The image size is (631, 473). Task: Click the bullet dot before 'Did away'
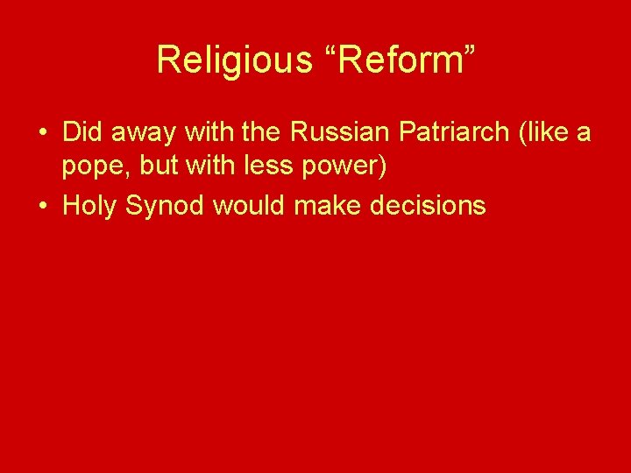coord(42,133)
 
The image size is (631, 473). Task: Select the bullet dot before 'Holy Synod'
coord(42,206)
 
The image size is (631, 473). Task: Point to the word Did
coord(82,132)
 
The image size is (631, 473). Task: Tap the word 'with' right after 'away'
coord(199,132)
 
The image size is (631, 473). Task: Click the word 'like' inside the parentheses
coord(542,132)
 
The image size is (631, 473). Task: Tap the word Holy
coord(91,206)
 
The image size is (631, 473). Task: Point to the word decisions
coord(424,206)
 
